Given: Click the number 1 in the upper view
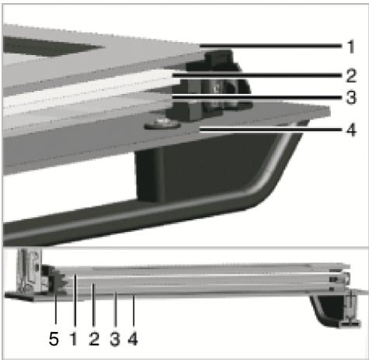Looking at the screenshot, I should pos(351,46).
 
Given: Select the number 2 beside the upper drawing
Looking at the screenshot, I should pos(351,75).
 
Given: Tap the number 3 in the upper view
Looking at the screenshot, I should pos(351,99).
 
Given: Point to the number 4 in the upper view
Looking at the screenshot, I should pos(351,128).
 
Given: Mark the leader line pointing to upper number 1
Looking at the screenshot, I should pos(272,46).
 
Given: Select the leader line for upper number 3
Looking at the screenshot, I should pos(256,99).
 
